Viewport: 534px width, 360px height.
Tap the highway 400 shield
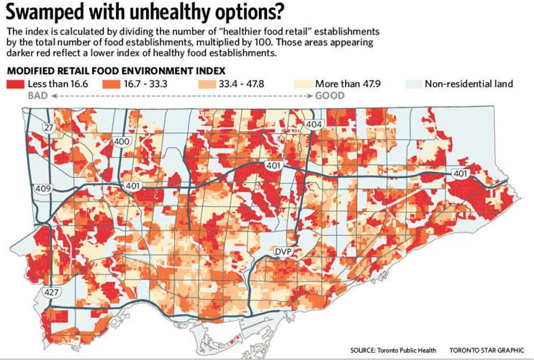[x=122, y=142]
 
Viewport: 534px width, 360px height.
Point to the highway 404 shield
[x=313, y=125]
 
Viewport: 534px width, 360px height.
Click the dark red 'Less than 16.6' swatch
[x=16, y=84]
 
